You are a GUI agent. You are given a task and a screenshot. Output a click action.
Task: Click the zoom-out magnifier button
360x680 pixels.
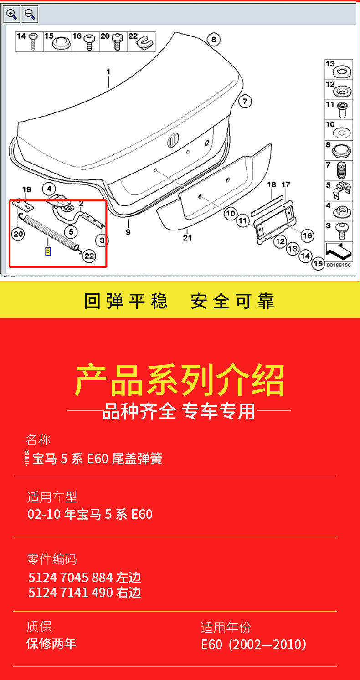click(x=30, y=15)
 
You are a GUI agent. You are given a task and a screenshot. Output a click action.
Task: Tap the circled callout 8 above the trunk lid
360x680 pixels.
click(x=213, y=39)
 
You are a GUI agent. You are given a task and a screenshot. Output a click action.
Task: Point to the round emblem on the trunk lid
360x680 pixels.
click(x=173, y=140)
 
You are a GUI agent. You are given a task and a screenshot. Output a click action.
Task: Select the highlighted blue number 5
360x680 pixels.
click(x=47, y=251)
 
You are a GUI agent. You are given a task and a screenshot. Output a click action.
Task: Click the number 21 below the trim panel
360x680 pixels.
click(x=187, y=237)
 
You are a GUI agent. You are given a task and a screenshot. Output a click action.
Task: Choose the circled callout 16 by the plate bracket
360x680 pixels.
click(x=308, y=235)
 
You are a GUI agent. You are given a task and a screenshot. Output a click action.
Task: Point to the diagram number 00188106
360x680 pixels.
click(x=339, y=265)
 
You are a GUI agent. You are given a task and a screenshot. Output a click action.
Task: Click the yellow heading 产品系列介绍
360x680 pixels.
click(x=180, y=381)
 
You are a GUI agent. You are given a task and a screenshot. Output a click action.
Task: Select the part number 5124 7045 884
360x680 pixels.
click(x=70, y=578)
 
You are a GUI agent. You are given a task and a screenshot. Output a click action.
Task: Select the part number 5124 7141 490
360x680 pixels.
click(x=70, y=593)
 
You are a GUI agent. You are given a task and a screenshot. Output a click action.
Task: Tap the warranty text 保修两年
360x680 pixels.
click(x=51, y=644)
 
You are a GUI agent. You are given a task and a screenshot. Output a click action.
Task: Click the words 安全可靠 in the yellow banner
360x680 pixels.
click(x=232, y=301)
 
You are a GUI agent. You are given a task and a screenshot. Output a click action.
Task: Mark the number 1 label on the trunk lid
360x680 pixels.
click(x=108, y=72)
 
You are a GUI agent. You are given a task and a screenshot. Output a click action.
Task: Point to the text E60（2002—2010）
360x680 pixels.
click(x=254, y=644)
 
